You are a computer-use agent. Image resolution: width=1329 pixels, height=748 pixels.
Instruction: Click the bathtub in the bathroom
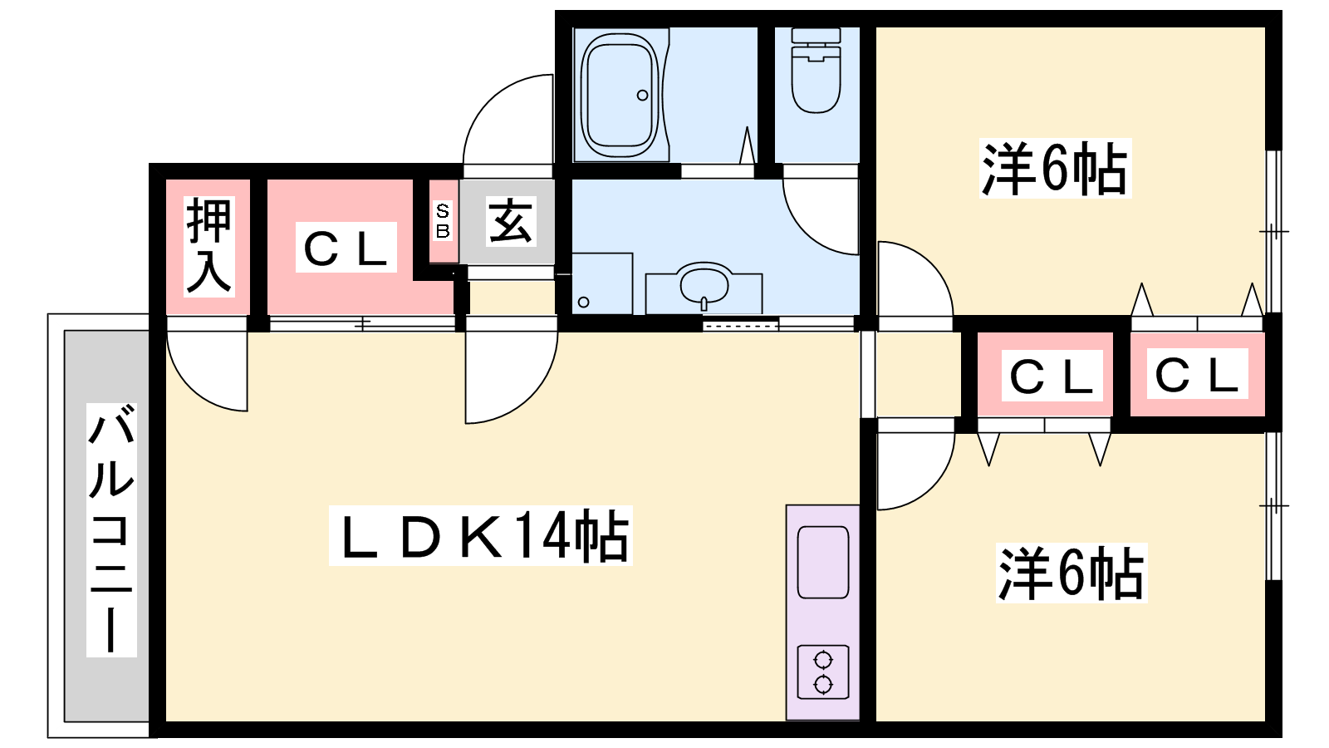point(620,95)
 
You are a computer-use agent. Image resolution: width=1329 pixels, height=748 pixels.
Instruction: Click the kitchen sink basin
point(823,562)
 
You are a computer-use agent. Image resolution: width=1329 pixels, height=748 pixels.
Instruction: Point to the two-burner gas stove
point(823,672)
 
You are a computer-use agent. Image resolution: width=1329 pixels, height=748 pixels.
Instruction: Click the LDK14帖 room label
point(481,535)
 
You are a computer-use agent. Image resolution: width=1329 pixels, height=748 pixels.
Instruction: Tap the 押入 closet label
point(208,246)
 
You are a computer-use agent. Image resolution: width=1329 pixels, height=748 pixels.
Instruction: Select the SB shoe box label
point(443,220)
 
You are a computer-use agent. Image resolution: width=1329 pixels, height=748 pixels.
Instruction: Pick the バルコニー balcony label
point(111,529)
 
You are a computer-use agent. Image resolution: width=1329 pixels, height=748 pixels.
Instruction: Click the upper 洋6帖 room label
point(1055,169)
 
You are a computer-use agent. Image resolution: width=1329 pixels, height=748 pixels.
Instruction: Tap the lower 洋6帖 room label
point(1072,573)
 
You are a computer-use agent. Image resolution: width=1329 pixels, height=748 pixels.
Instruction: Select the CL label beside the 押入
point(346,248)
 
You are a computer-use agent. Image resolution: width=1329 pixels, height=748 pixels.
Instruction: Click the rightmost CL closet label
point(1197,374)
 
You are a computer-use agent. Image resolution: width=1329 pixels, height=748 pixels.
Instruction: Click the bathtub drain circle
point(643,95)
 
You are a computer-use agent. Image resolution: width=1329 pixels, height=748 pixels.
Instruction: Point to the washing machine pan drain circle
point(583,303)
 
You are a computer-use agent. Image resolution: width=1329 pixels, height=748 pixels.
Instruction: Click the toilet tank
point(817,35)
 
